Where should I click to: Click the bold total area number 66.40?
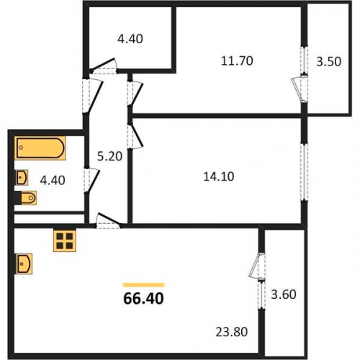[x=143, y=299]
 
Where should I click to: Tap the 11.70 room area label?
[x=237, y=61]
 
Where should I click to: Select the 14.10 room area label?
[x=219, y=176]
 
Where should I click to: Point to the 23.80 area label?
[x=232, y=332]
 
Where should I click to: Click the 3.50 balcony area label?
[x=328, y=61]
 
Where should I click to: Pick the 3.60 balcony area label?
[x=284, y=294]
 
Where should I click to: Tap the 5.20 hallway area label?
[x=109, y=156]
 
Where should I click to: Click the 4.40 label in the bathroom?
[x=53, y=180]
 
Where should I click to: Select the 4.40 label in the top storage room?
[x=130, y=39]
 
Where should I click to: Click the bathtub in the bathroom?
[x=40, y=148]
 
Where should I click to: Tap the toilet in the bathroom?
[x=26, y=198]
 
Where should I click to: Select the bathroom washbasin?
[x=22, y=178]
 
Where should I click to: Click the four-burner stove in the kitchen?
[x=65, y=240]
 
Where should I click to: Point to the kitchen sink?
[x=24, y=264]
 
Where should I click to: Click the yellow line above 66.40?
[x=143, y=285]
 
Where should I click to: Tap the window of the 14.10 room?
[x=305, y=171]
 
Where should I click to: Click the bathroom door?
[x=91, y=181]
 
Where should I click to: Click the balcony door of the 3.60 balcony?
[x=257, y=266]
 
